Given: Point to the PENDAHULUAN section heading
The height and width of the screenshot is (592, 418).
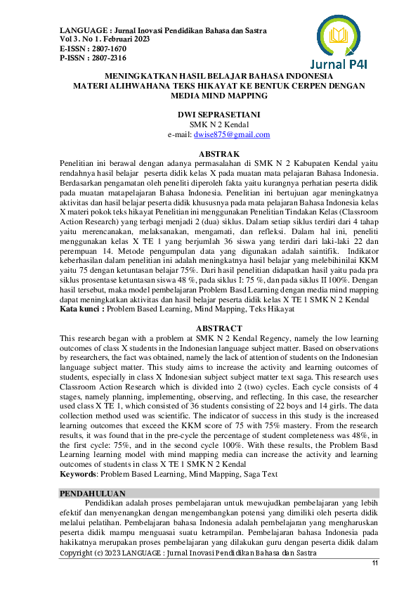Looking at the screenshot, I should point(93,494).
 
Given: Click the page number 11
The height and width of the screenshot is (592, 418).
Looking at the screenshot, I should point(374,564).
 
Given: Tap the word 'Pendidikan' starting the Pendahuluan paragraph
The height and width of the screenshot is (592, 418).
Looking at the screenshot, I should point(106,502).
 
